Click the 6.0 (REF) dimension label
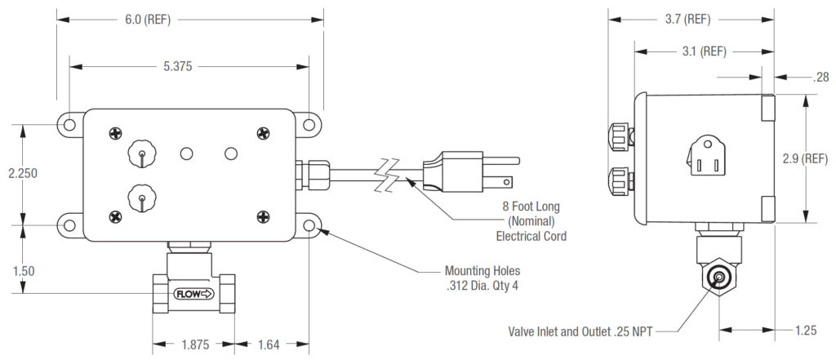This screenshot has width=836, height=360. pos(149,19)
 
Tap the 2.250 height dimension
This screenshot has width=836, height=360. pos(20,174)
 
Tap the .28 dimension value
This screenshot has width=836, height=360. pos(820,78)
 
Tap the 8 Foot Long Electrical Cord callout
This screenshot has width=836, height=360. pos(531,220)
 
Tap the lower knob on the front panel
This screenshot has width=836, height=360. pos(140,198)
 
